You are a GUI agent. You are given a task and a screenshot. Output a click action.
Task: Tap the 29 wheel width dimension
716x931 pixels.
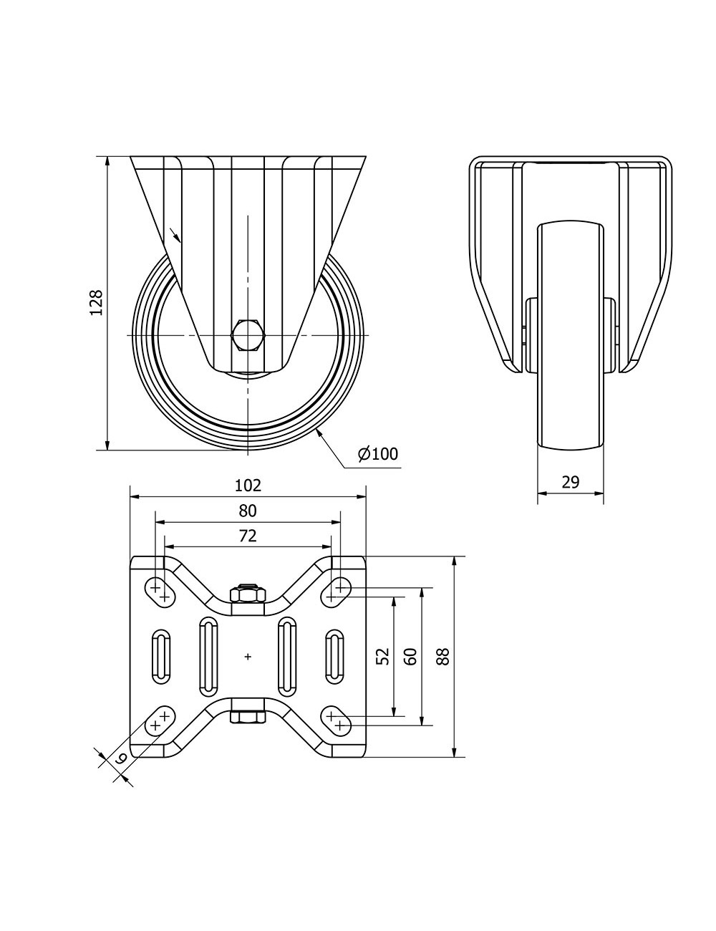click(x=570, y=482)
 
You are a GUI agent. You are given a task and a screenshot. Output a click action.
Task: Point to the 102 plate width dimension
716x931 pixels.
click(x=248, y=486)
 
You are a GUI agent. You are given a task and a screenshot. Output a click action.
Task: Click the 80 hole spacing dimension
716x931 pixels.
click(x=248, y=511)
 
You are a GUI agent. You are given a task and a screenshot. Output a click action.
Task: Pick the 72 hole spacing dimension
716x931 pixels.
click(x=248, y=535)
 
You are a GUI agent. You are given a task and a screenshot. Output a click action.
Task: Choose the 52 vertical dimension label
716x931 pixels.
click(x=383, y=656)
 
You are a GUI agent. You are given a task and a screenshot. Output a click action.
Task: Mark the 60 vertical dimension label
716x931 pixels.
click(x=410, y=656)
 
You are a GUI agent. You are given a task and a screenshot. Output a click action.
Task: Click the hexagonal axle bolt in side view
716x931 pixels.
click(x=248, y=335)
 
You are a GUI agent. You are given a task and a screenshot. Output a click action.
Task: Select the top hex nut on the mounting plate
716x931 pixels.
click(x=248, y=594)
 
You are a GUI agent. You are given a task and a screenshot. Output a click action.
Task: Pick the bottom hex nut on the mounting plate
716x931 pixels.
click(x=248, y=716)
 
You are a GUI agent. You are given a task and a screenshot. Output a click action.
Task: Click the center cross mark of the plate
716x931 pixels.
click(x=248, y=656)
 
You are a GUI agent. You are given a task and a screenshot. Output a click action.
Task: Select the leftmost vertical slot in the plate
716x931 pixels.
click(x=160, y=656)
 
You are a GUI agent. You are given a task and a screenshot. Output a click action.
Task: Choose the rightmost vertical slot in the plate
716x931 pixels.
click(x=335, y=656)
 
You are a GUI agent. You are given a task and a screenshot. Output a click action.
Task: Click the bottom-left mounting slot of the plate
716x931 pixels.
click(x=160, y=720)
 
